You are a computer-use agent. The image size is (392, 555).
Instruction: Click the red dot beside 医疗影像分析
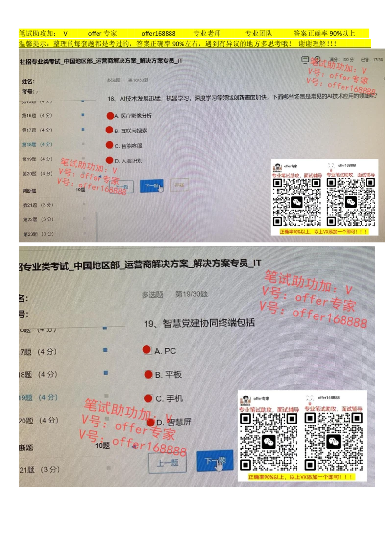coord(110,116)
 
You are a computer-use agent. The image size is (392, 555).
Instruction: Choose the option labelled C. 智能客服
coord(128,146)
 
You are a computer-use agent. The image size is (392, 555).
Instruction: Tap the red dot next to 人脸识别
coord(110,160)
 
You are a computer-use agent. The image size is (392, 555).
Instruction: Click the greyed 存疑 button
coord(179,185)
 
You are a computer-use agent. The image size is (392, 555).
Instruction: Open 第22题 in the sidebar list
coord(38,219)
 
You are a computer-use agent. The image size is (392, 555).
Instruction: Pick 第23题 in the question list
coord(38,234)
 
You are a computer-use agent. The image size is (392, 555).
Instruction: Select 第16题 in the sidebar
coord(37,115)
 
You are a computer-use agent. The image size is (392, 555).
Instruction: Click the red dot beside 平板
coord(148,374)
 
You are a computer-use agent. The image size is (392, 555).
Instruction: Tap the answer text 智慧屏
coord(179,422)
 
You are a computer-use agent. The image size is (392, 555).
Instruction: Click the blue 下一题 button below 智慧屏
coord(215,461)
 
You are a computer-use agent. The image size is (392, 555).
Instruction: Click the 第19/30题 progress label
coord(192,294)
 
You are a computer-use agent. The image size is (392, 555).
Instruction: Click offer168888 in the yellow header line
coord(158,34)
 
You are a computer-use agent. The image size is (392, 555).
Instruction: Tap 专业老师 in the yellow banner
coord(207,34)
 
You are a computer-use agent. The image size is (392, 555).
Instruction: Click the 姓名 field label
coord(28,81)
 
